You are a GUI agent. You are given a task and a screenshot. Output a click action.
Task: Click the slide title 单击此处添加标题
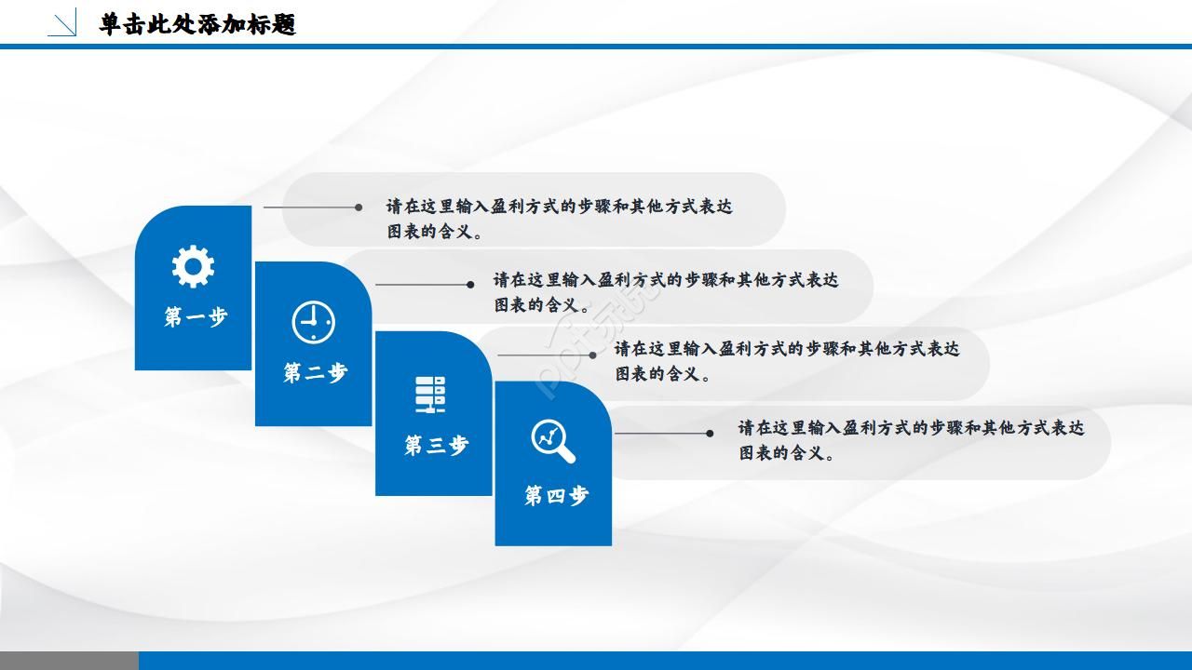pyautogui.click(x=197, y=24)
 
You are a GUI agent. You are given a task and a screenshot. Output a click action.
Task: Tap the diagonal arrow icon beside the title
pyautogui.click(x=62, y=23)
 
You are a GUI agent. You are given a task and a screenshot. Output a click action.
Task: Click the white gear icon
pyautogui.click(x=193, y=266)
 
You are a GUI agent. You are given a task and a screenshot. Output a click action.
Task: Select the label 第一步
pyautogui.click(x=196, y=317)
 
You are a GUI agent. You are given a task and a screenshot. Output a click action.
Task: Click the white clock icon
pyautogui.click(x=313, y=322)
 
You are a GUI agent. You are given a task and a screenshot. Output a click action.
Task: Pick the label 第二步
pyautogui.click(x=315, y=373)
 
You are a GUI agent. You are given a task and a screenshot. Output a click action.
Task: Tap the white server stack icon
pyautogui.click(x=430, y=395)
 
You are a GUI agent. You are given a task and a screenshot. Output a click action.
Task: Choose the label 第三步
pyautogui.click(x=435, y=446)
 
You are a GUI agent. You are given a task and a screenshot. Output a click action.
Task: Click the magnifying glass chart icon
pyautogui.click(x=553, y=440)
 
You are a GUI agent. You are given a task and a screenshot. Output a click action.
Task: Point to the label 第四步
pyautogui.click(x=556, y=496)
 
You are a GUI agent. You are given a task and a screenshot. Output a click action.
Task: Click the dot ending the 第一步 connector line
pyautogui.click(x=359, y=208)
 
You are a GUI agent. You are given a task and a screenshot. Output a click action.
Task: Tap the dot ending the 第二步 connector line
pyautogui.click(x=470, y=285)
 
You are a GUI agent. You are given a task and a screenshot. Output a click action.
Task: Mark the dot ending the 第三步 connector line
pyautogui.click(x=593, y=355)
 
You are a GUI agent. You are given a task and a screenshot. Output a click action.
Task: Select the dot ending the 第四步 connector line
pyautogui.click(x=710, y=433)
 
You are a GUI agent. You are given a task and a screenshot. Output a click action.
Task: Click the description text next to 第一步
pyautogui.click(x=559, y=219)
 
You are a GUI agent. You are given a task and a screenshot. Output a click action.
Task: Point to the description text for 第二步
pyautogui.click(x=665, y=292)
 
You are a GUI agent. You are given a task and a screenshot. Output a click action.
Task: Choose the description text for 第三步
pyautogui.click(x=786, y=361)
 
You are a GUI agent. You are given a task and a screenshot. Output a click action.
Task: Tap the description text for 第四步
pyautogui.click(x=911, y=440)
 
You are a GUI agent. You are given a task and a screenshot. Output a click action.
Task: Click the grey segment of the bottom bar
pyautogui.click(x=69, y=661)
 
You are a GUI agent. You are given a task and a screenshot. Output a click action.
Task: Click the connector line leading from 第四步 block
pyautogui.click(x=661, y=433)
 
